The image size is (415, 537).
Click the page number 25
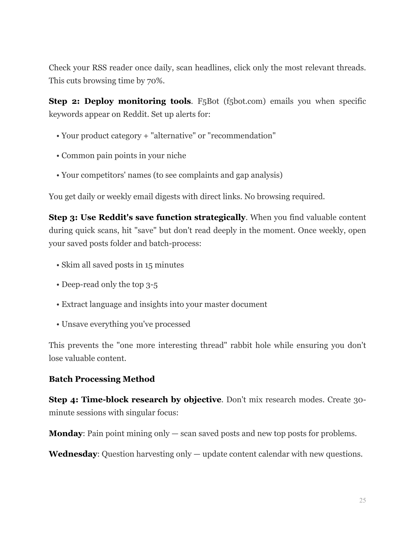[362, 501]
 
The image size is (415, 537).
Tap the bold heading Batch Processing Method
[102, 379]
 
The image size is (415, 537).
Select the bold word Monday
[65, 434]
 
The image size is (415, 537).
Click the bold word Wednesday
[73, 454]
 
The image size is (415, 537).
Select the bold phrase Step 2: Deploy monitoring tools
[119, 101]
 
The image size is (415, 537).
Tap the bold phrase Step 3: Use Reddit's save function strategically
[147, 217]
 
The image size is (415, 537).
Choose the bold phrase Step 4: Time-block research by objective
[135, 400]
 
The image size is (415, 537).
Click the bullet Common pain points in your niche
[124, 156]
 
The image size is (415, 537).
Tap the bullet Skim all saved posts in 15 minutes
[122, 265]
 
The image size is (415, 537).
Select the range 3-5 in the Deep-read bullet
[152, 285]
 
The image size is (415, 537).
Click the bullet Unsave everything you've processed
[126, 324]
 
